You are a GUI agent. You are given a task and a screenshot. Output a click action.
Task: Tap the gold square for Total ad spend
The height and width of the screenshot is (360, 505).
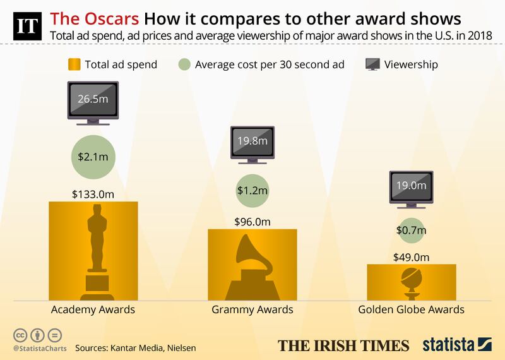[74, 65]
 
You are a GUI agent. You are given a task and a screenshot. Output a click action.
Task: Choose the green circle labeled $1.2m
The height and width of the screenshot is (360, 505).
[252, 189]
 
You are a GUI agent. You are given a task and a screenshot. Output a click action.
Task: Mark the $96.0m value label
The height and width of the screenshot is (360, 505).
[252, 222]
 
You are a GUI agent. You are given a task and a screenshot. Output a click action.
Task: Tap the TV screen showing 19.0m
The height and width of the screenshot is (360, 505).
[411, 188]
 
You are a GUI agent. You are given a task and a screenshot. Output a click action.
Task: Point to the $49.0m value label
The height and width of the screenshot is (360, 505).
[411, 256]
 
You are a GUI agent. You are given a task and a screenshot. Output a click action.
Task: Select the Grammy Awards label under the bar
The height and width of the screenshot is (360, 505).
[252, 309]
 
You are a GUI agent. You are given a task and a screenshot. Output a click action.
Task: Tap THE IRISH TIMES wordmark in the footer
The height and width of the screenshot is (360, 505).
[344, 345]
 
